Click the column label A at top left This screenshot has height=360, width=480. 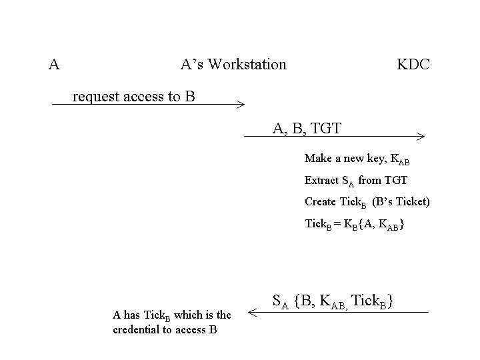[x=55, y=65]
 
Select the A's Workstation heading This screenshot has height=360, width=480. [x=233, y=65]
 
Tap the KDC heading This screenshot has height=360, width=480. [x=413, y=65]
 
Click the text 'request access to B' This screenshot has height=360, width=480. [x=133, y=97]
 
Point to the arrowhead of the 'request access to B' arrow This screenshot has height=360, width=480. [x=243, y=104]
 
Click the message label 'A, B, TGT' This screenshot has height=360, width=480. [x=307, y=128]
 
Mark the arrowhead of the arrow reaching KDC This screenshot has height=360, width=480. [x=422, y=137]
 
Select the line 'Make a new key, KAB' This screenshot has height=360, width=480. [x=357, y=159]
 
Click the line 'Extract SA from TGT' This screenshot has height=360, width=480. [x=355, y=181]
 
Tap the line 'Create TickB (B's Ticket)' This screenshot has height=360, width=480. [x=367, y=202]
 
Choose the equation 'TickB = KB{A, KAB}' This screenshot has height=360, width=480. [x=355, y=224]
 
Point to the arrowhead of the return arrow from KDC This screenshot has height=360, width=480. [x=250, y=311]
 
